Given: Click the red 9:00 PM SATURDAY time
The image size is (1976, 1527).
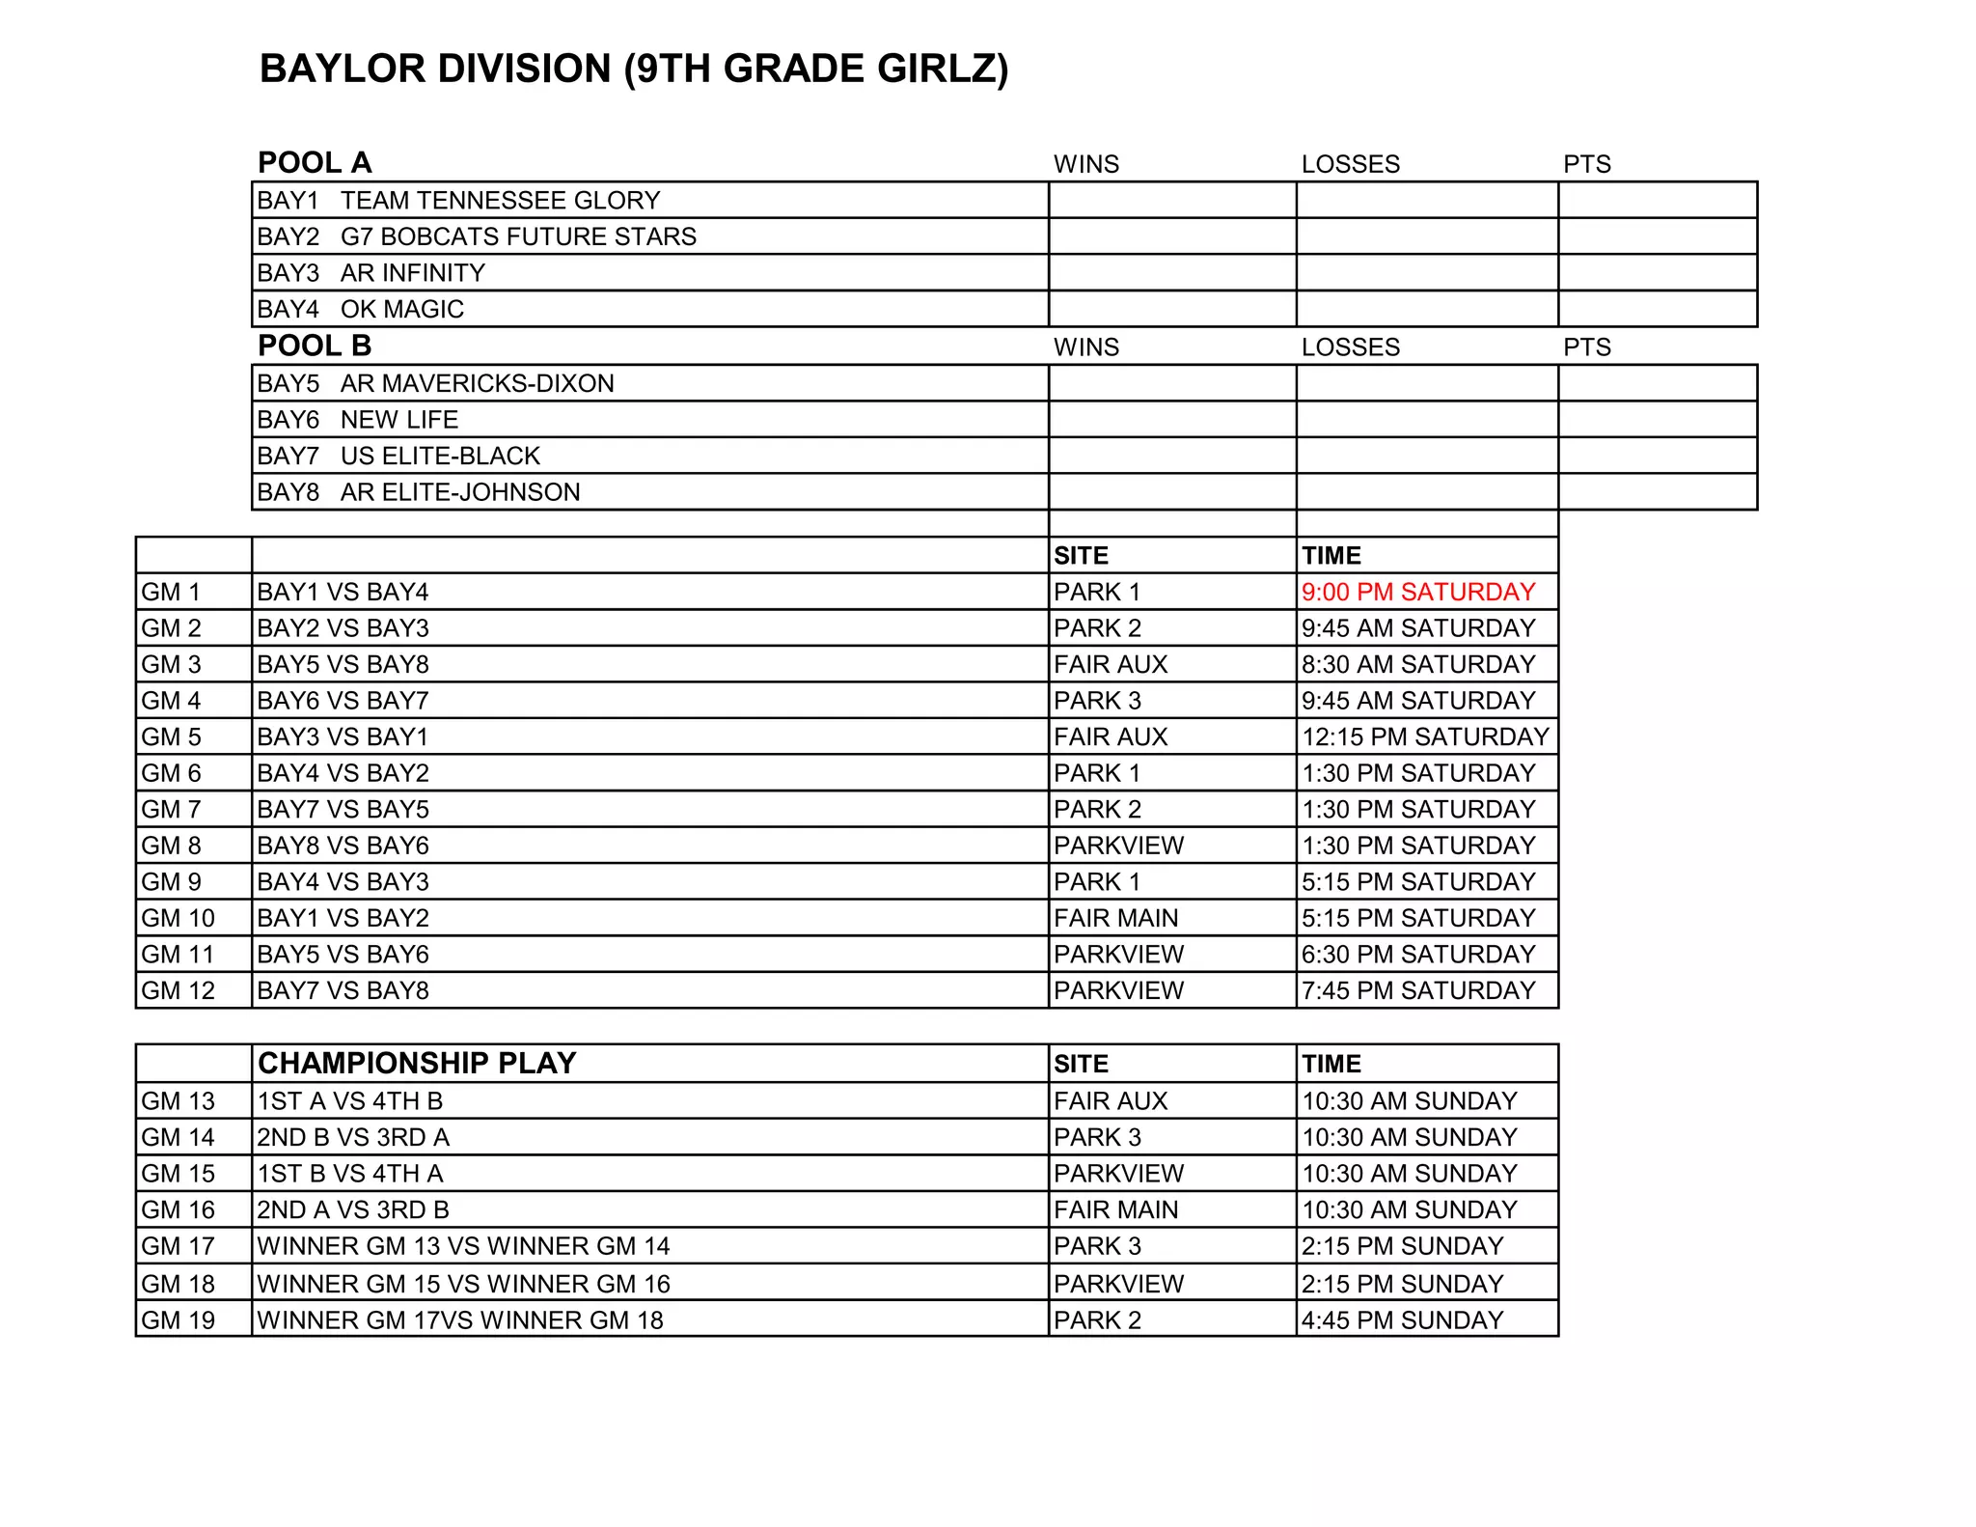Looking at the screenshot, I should [x=1417, y=592].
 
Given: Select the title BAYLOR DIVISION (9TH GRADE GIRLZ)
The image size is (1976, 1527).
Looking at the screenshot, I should [x=634, y=69].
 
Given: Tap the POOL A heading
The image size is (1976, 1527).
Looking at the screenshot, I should [x=315, y=162].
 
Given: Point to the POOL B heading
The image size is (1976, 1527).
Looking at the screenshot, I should [x=315, y=346].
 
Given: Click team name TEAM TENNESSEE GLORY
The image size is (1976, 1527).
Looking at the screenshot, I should [x=500, y=201].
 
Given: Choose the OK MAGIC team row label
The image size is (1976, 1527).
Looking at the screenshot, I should [x=401, y=309].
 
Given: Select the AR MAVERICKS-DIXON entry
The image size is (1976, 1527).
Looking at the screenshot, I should [x=477, y=383].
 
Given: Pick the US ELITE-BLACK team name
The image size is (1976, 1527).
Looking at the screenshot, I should [x=440, y=456].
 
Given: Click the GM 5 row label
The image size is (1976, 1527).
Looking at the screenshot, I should [x=171, y=737].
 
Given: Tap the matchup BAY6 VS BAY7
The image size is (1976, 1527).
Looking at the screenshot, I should [x=343, y=701].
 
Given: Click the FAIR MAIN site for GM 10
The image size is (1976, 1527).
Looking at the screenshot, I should [x=1115, y=918].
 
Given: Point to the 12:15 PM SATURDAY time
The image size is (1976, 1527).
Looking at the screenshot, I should [x=1425, y=737].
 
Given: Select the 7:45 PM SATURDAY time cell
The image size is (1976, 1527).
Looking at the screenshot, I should [x=1417, y=990].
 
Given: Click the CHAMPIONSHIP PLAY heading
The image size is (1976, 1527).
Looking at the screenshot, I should [x=417, y=1063].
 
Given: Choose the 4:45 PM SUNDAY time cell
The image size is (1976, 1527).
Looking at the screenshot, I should [x=1402, y=1319].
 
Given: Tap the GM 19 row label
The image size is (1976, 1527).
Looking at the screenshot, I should [x=178, y=1319].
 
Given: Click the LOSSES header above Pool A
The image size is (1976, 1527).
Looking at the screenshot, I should [x=1350, y=164].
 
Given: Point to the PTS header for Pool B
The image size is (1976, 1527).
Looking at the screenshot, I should [x=1586, y=347].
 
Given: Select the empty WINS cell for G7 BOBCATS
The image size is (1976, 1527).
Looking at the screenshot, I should [x=1171, y=236].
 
